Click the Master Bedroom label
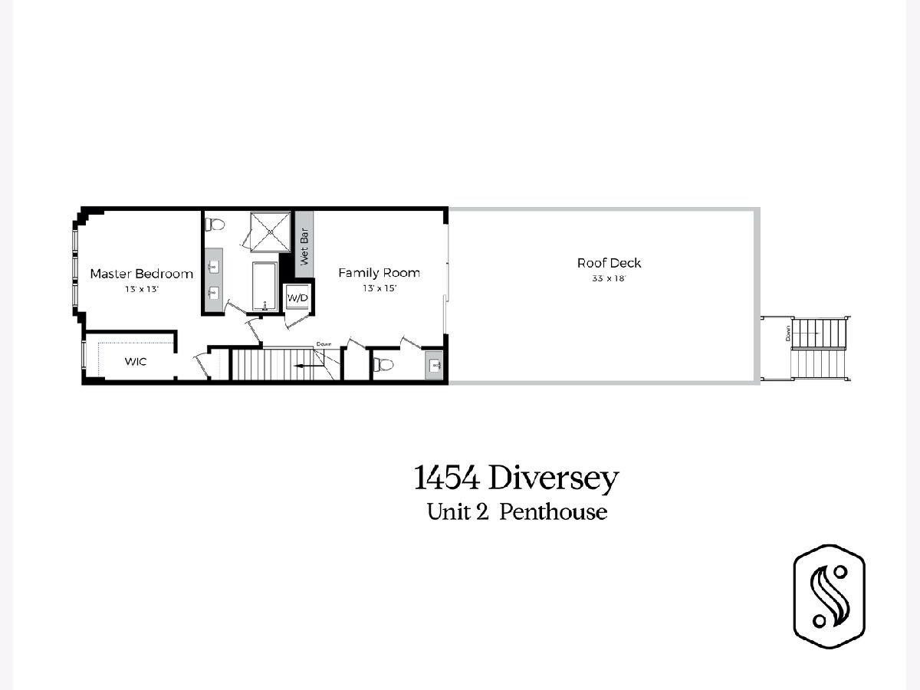(x=142, y=274)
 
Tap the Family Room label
(x=379, y=273)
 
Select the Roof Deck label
(x=609, y=263)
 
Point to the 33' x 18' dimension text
(x=609, y=278)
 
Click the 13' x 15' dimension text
(x=379, y=288)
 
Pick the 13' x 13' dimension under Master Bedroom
(x=142, y=289)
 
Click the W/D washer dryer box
(x=297, y=298)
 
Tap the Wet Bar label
(x=304, y=247)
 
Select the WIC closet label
(x=136, y=362)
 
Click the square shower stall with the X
(x=271, y=232)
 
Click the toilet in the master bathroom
(x=215, y=224)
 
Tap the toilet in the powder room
(x=383, y=364)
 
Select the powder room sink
(x=435, y=366)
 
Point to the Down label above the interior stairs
(x=324, y=344)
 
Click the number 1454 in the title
(x=447, y=478)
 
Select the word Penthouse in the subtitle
(x=554, y=512)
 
